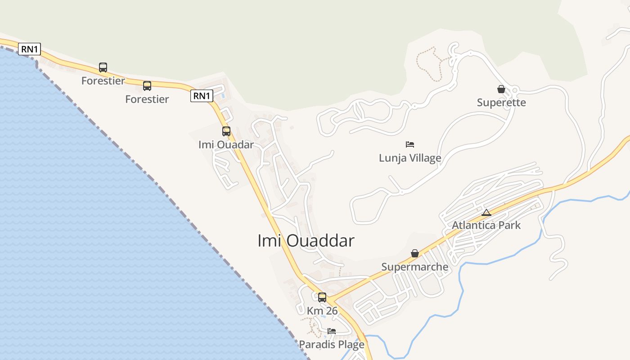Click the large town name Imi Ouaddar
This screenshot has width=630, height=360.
tap(306, 241)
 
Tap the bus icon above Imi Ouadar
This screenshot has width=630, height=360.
tap(226, 131)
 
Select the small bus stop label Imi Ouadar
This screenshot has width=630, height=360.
tap(226, 144)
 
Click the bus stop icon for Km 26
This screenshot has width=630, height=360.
tap(322, 297)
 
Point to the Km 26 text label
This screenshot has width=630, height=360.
tap(322, 310)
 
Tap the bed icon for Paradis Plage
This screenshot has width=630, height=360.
tap(332, 331)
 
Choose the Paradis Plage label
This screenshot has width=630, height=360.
tap(332, 345)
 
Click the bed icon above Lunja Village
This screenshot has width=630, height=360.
tap(410, 144)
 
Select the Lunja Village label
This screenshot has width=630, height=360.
tap(410, 158)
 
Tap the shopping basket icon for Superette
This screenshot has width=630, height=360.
tap(501, 90)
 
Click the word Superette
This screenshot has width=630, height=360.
tap(501, 103)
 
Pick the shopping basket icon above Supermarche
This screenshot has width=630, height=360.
tap(415, 254)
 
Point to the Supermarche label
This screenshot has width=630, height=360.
tap(415, 267)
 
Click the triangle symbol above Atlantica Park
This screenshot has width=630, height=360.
tap(486, 212)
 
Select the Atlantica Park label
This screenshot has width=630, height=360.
tap(486, 225)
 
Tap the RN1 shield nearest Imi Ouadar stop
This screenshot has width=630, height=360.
tap(202, 96)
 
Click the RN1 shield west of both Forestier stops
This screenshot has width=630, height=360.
tap(29, 49)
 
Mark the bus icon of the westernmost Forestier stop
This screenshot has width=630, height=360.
tap(103, 67)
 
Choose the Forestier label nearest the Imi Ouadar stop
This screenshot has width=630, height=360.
tap(147, 99)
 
